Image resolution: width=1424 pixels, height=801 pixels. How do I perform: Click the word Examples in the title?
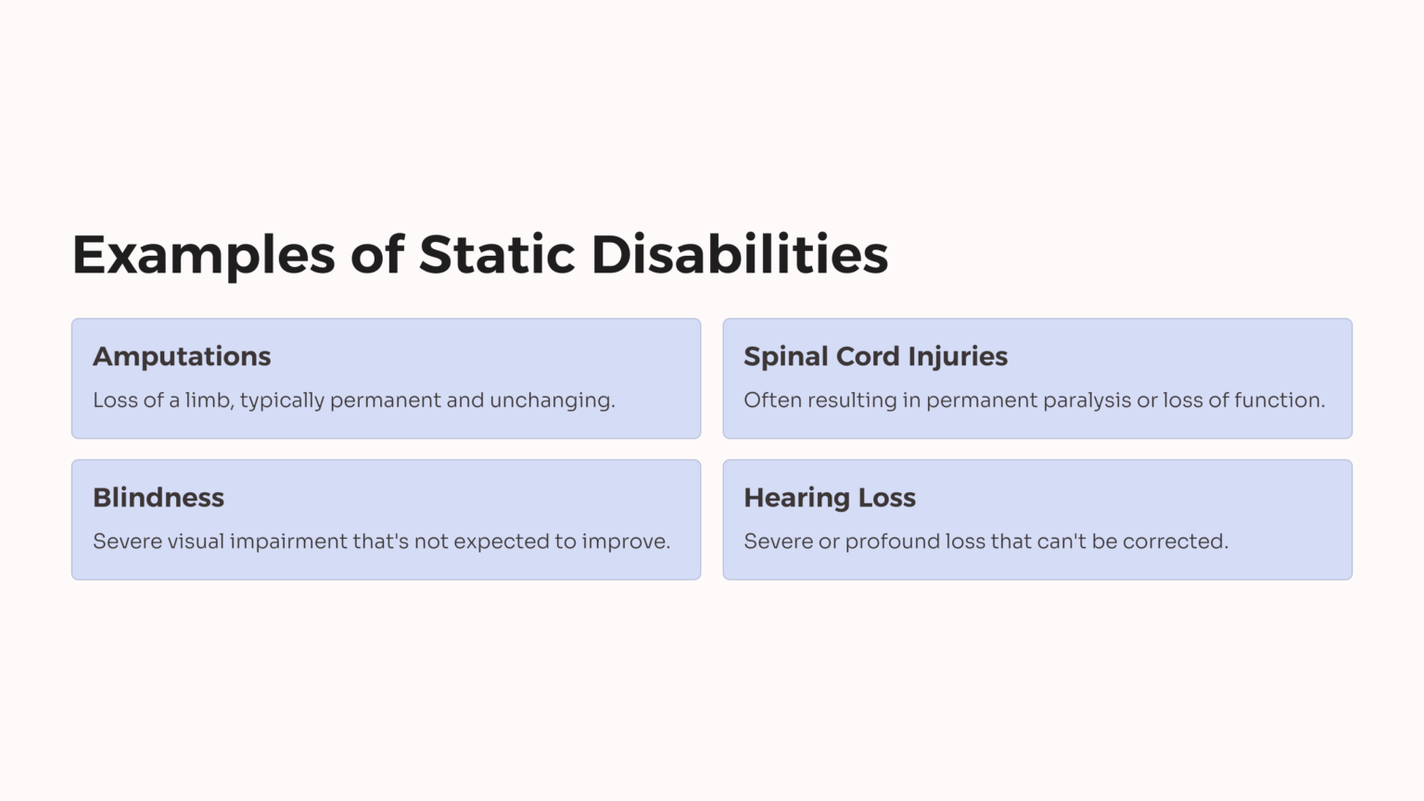(x=203, y=255)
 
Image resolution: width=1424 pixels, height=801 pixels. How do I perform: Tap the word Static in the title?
(x=497, y=255)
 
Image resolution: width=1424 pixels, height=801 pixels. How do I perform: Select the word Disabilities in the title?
(x=740, y=255)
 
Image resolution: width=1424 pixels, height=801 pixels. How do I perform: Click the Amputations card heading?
(x=182, y=357)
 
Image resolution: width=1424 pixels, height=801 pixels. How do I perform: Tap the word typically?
(x=282, y=401)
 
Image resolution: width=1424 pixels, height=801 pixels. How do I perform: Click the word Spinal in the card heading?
(x=785, y=358)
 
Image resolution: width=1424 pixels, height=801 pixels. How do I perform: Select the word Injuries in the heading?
(x=958, y=358)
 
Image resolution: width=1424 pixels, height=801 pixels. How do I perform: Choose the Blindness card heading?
(x=159, y=498)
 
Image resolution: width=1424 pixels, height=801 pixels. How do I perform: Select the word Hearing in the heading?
(x=796, y=499)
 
